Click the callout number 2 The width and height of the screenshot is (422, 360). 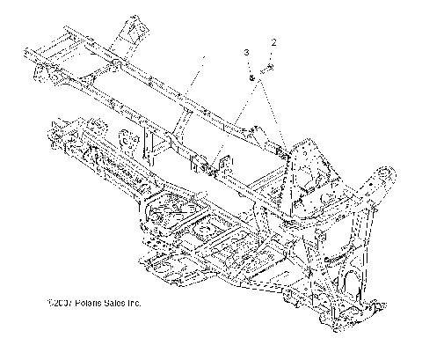274,42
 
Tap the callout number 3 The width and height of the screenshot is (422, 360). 248,55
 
